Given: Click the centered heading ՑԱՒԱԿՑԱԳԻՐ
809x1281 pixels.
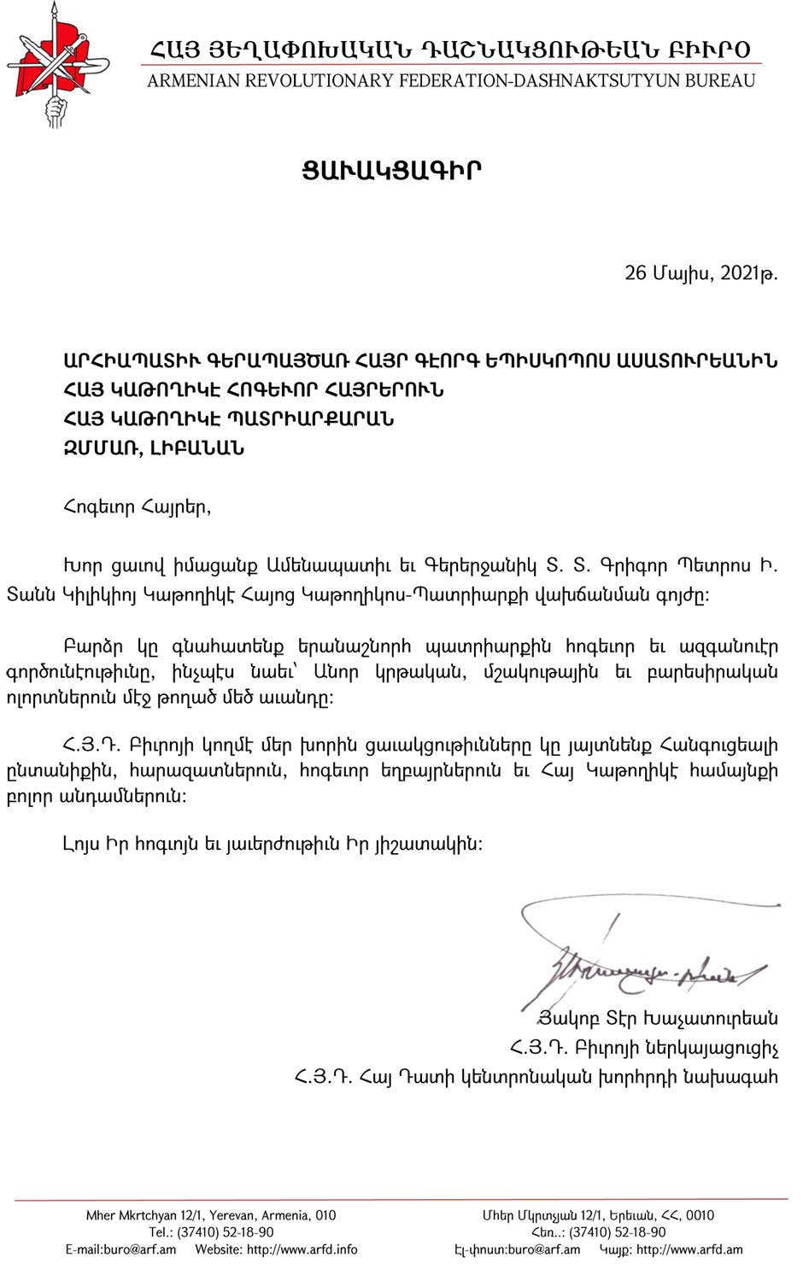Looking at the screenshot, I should (x=391, y=170).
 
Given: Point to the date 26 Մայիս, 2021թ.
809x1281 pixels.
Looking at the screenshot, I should (x=701, y=273).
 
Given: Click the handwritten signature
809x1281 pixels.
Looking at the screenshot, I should (x=641, y=956).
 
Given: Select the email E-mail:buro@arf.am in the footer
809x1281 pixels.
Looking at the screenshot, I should (x=120, y=1249).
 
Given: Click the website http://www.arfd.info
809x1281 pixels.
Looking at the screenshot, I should (x=302, y=1249).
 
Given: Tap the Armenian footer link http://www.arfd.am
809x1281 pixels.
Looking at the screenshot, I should (x=689, y=1249).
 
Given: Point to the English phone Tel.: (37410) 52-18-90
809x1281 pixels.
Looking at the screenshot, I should (x=211, y=1232).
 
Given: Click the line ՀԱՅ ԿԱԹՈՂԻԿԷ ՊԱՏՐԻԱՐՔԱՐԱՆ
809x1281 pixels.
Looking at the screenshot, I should (x=228, y=418).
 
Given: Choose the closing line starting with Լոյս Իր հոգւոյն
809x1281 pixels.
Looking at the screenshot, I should (x=273, y=844).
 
